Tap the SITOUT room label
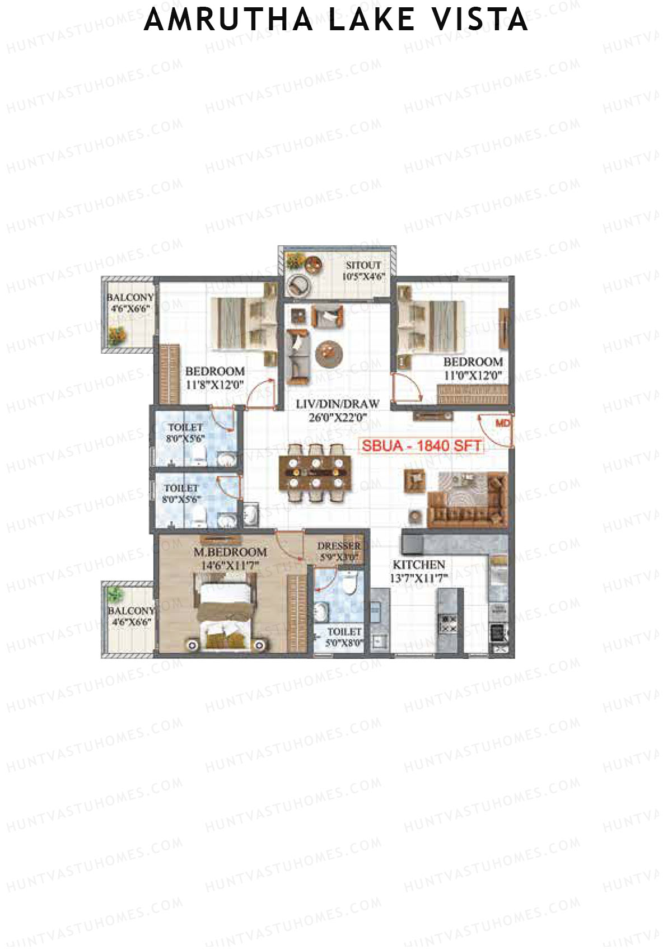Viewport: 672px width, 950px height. (363, 265)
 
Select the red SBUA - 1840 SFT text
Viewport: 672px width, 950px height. (421, 446)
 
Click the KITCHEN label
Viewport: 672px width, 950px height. (418, 564)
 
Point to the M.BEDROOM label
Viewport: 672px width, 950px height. (230, 552)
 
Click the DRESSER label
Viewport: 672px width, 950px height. (339, 546)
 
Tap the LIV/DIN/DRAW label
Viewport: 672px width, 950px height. (338, 404)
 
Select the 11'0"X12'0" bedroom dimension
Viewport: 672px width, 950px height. (473, 376)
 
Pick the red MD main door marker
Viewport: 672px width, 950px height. (503, 423)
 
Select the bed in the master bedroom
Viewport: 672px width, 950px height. (225, 616)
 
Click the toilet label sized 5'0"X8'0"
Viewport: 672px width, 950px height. (344, 631)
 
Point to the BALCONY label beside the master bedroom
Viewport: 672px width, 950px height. (130, 610)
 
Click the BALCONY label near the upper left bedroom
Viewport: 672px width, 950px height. (130, 297)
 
